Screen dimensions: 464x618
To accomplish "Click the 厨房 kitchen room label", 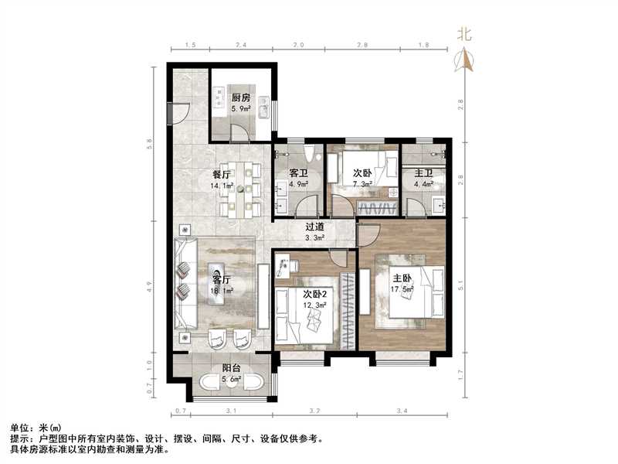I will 241,98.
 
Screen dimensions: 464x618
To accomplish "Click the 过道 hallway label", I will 314,227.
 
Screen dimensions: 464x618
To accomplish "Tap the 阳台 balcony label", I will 231,369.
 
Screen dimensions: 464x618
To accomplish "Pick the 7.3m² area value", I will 363,185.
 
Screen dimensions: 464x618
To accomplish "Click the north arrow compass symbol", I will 465,60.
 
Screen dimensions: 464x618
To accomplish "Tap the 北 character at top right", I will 464,33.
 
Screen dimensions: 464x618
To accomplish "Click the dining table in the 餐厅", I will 242,188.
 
